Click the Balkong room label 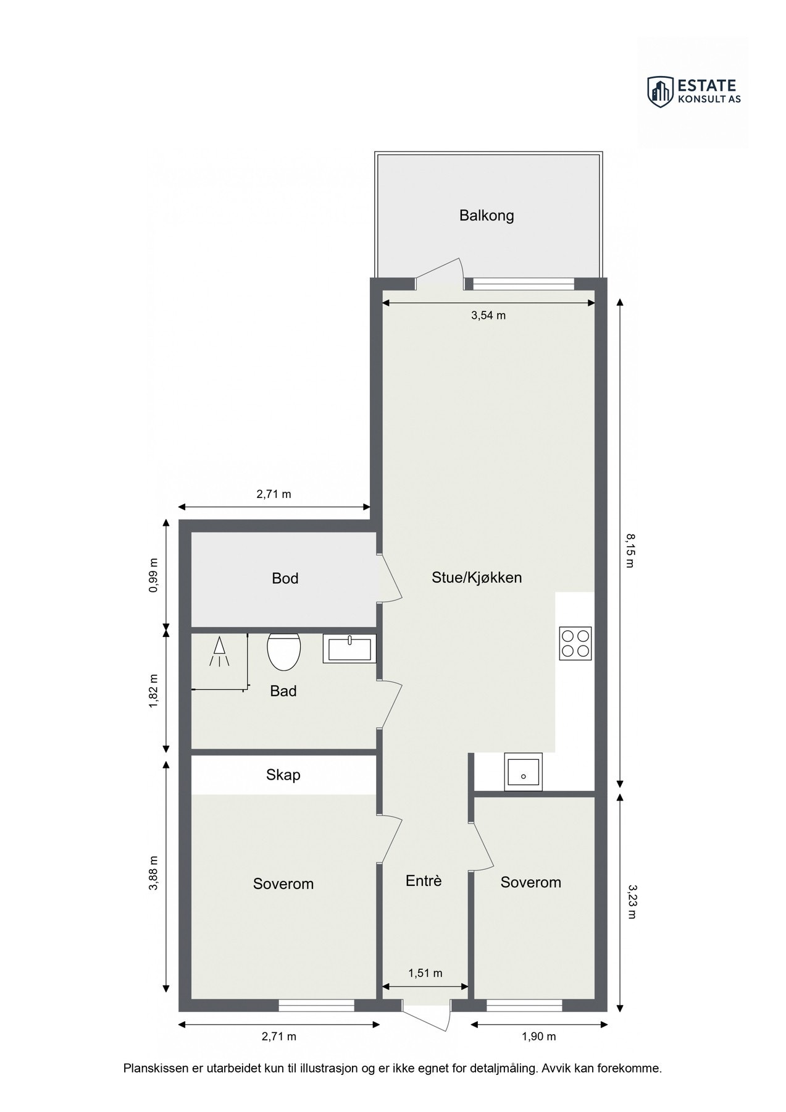click(486, 216)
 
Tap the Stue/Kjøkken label click(477, 578)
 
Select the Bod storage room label click(285, 578)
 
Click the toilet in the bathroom click(283, 651)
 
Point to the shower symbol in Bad click(219, 652)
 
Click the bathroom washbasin click(349, 649)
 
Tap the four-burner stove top click(575, 643)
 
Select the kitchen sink click(523, 772)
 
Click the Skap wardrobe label click(283, 775)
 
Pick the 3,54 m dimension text click(488, 316)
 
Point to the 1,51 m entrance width click(425, 973)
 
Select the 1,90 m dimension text click(539, 1036)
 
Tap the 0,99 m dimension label click(154, 575)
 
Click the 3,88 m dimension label click(154, 873)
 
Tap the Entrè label click(424, 881)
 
